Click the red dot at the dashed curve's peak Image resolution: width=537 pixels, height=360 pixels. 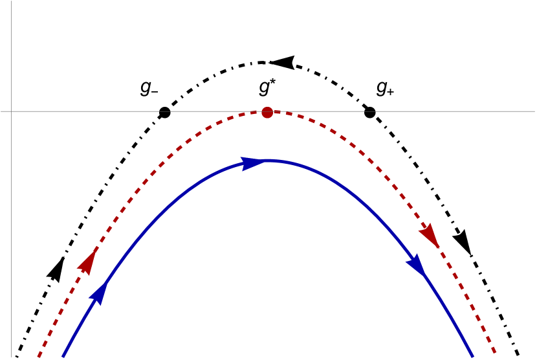point(267,113)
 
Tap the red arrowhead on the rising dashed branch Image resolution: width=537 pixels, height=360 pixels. point(87,262)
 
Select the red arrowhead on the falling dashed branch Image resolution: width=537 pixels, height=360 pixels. point(430,234)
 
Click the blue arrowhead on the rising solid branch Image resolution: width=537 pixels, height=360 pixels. point(98,293)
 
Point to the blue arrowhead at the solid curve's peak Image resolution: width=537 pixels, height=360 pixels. point(252,163)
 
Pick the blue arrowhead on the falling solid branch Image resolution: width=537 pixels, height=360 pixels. point(416,264)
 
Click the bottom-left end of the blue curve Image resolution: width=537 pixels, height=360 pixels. point(63,356)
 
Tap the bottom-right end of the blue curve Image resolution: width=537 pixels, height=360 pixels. point(473,356)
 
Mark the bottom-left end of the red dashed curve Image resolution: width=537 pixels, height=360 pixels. point(39,356)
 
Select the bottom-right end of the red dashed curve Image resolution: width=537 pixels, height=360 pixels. point(496,353)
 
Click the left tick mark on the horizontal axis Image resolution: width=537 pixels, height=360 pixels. point(165,111)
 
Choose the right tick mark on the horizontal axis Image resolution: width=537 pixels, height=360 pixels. point(369,111)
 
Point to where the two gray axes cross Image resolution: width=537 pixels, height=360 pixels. point(11,111)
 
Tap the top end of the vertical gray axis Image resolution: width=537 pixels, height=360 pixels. point(11,1)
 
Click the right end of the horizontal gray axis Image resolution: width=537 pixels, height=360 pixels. point(535,111)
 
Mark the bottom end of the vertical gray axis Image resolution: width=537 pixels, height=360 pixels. point(11,358)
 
